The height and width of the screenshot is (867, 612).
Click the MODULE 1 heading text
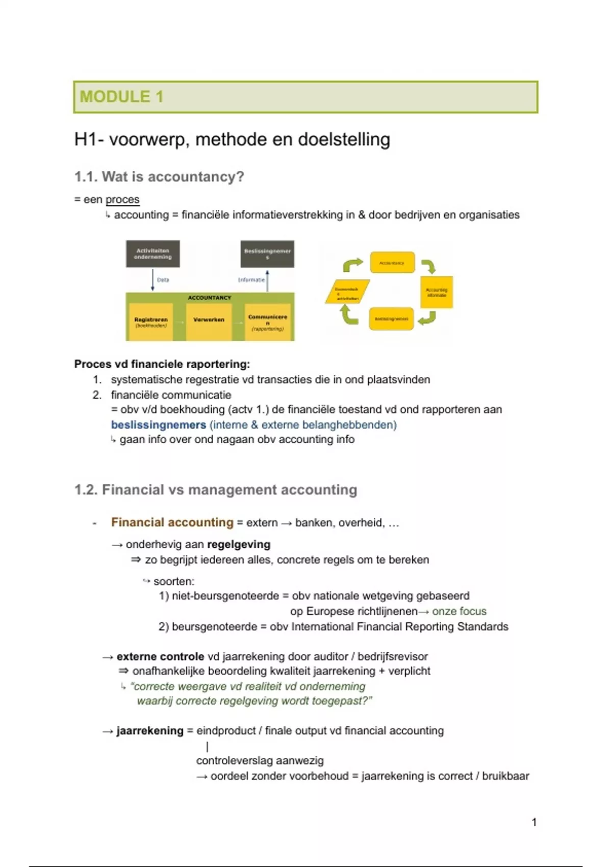pos(121,97)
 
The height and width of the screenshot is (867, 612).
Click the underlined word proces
pos(122,199)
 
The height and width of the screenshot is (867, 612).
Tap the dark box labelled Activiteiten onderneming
pos(153,254)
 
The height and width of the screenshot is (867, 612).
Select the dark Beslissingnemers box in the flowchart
pos(267,254)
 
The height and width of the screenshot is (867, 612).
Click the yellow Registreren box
pos(151,322)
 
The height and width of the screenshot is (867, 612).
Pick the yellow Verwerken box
pos(209,320)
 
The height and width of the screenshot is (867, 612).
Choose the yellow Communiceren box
pos(267,322)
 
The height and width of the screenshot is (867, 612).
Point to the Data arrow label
pos(163,280)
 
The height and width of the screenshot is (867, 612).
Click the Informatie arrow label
pos(251,280)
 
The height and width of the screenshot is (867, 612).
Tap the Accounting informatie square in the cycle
pos(437,292)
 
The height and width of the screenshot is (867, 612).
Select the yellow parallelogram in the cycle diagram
pos(347,292)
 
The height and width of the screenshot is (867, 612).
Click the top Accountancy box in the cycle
pos(392,263)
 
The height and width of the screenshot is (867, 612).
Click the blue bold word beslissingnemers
pos(159,425)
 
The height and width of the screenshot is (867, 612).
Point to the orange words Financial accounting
pos(172,523)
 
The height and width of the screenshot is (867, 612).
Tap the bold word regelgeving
pos(239,545)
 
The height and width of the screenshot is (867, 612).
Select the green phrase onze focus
pos(459,611)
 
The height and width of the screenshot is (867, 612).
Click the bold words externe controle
pos(160,657)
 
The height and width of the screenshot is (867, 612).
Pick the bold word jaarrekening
pos(150,731)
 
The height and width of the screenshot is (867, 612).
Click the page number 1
pos(534,822)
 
